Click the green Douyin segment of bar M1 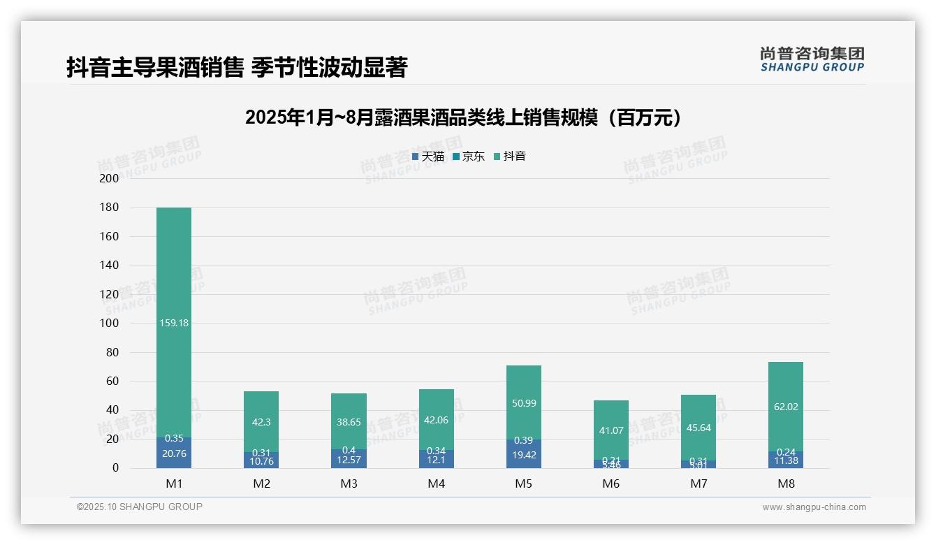(x=174, y=279)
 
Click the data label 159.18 (x=174, y=323)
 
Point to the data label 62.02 (x=785, y=407)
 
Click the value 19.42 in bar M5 (x=523, y=454)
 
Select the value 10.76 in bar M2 (x=261, y=461)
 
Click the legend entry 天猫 (x=428, y=157)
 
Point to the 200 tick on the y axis (x=110, y=178)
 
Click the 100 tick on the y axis (x=110, y=324)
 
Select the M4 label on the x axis (x=436, y=484)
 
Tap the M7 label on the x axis (x=698, y=484)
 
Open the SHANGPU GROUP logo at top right (x=812, y=59)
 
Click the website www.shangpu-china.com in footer (x=814, y=507)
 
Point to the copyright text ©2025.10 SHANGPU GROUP (x=140, y=507)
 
